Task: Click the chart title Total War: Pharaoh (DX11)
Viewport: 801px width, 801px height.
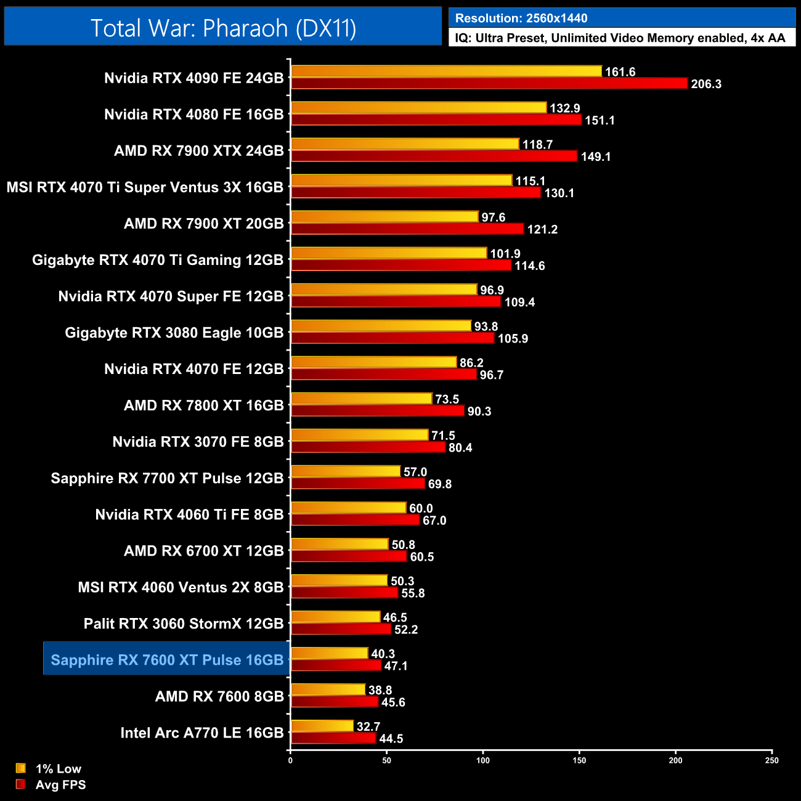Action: (x=223, y=28)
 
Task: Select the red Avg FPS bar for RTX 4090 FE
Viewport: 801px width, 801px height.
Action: (x=489, y=83)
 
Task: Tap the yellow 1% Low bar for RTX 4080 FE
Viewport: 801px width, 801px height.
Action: (x=418, y=108)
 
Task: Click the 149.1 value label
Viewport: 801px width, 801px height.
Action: (x=596, y=157)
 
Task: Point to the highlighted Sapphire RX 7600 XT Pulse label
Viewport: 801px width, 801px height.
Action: (x=167, y=660)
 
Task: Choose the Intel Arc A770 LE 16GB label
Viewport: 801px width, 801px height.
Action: (x=202, y=733)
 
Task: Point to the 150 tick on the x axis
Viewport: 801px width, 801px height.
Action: (x=579, y=760)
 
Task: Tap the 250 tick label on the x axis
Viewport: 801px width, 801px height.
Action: (x=771, y=760)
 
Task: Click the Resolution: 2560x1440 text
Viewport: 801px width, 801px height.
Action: (x=521, y=18)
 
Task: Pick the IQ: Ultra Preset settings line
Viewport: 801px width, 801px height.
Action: (x=620, y=38)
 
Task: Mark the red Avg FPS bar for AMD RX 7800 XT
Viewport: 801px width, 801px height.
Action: (x=377, y=410)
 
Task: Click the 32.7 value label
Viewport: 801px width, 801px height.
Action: (x=368, y=726)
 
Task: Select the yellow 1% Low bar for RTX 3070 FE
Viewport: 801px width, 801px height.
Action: (x=359, y=435)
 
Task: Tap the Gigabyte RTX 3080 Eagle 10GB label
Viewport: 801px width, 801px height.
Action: (x=174, y=333)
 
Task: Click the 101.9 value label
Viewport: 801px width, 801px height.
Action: (x=505, y=254)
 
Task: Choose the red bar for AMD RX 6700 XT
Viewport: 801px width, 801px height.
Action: (x=349, y=556)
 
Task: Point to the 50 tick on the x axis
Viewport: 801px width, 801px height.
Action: (x=386, y=760)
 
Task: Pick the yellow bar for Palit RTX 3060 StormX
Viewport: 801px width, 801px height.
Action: (x=335, y=617)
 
